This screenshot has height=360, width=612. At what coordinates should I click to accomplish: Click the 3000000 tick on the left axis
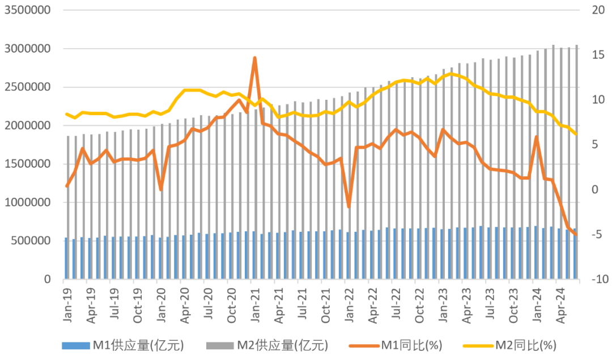click(x=28, y=49)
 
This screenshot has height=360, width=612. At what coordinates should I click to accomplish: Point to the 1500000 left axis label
click(x=28, y=164)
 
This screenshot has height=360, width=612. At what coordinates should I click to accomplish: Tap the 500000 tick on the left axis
click(x=31, y=241)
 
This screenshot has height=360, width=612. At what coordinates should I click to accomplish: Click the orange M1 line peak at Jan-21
click(x=254, y=58)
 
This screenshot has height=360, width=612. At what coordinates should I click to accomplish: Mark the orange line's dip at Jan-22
click(x=348, y=207)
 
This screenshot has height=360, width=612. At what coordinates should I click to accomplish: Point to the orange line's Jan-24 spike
click(x=536, y=137)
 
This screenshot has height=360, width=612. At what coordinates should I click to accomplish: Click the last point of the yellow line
click(x=576, y=134)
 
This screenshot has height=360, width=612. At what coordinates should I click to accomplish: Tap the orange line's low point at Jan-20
click(x=161, y=189)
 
